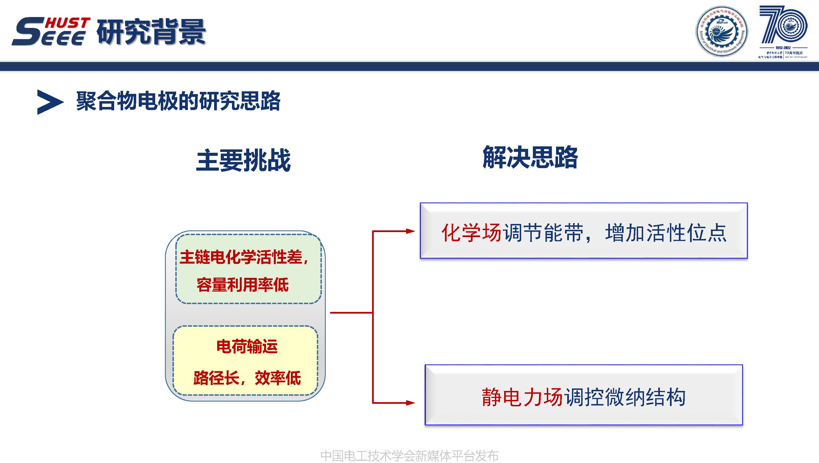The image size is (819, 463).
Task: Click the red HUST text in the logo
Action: [x=67, y=23]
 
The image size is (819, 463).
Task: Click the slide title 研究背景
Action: [x=151, y=32]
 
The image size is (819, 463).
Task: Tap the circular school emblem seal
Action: [x=721, y=32]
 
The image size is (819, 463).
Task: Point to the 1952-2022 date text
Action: [x=783, y=48]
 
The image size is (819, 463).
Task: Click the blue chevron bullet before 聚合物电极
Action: [x=50, y=102]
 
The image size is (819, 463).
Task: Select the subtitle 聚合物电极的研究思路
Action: [x=178, y=101]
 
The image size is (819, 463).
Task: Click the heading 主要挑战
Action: [x=243, y=160]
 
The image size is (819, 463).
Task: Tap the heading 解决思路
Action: [x=530, y=157]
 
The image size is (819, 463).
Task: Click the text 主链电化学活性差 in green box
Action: [x=241, y=257]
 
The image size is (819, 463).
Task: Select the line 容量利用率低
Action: [x=242, y=285]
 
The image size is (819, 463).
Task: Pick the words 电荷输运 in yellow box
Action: [x=247, y=346]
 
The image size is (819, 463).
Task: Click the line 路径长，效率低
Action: [x=247, y=378]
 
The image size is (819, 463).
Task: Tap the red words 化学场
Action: [x=471, y=233]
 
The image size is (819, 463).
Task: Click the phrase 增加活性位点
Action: [x=666, y=233]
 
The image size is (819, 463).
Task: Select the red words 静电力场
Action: [x=522, y=397]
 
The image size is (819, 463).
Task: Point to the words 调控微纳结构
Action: [x=625, y=397]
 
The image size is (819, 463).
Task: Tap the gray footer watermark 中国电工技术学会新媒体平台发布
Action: [x=409, y=456]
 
